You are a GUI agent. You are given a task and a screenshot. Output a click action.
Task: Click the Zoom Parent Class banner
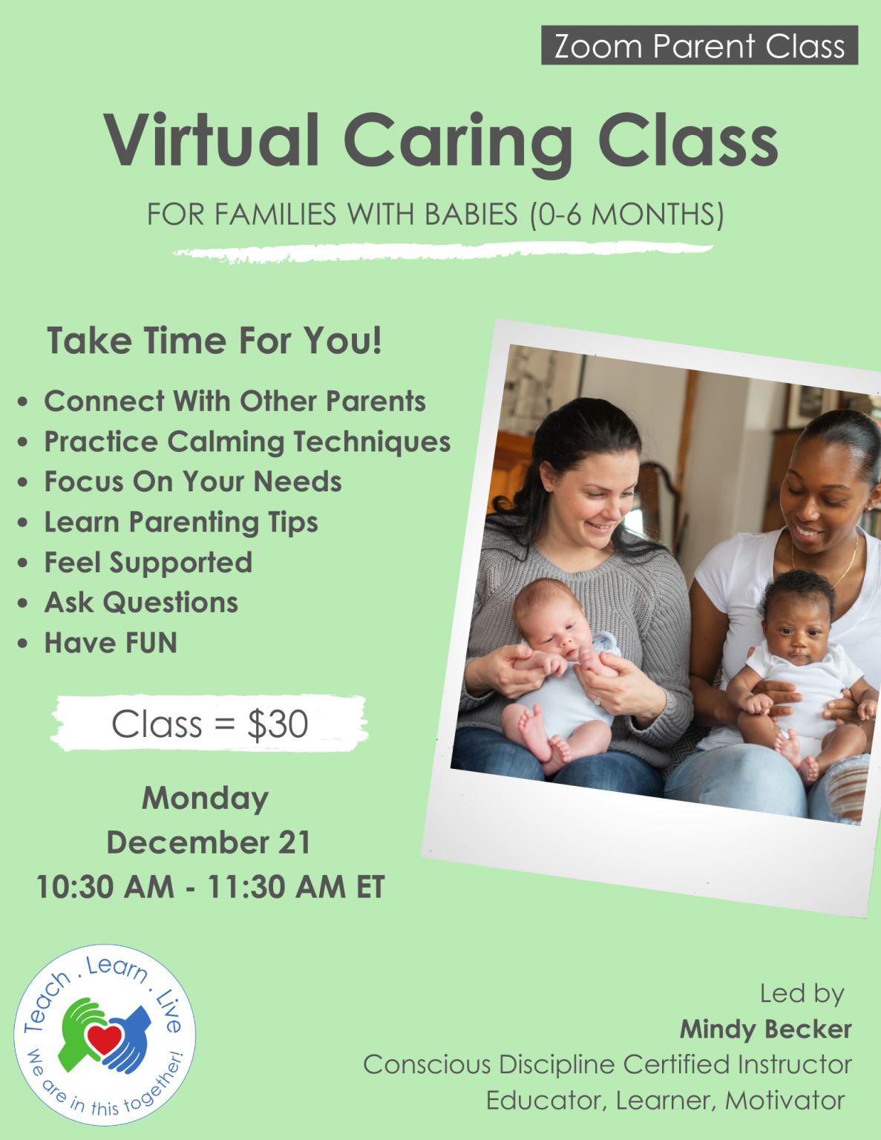(x=699, y=46)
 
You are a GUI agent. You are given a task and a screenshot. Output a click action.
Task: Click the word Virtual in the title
(x=212, y=140)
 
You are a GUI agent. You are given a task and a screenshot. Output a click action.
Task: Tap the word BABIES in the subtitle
(x=471, y=214)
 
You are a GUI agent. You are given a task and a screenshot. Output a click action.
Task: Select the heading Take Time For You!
(x=214, y=341)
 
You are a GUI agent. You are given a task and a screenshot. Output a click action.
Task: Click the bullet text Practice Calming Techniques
(x=247, y=442)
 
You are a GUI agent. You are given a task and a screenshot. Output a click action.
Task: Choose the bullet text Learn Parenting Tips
(x=181, y=522)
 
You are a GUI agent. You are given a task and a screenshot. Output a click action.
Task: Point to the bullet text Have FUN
(x=111, y=643)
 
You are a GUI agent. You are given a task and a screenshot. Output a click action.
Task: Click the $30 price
(x=278, y=724)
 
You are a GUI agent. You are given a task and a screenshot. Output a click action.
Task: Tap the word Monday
(x=206, y=799)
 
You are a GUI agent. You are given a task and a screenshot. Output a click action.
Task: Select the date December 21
(x=209, y=842)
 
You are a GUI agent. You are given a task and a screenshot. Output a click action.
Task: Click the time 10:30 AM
(x=105, y=887)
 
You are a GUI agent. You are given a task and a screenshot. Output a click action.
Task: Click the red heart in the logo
(x=104, y=1038)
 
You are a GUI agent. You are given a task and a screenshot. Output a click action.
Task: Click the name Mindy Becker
(x=765, y=1029)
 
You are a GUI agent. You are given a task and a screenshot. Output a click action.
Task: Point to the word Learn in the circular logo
(x=117, y=967)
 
